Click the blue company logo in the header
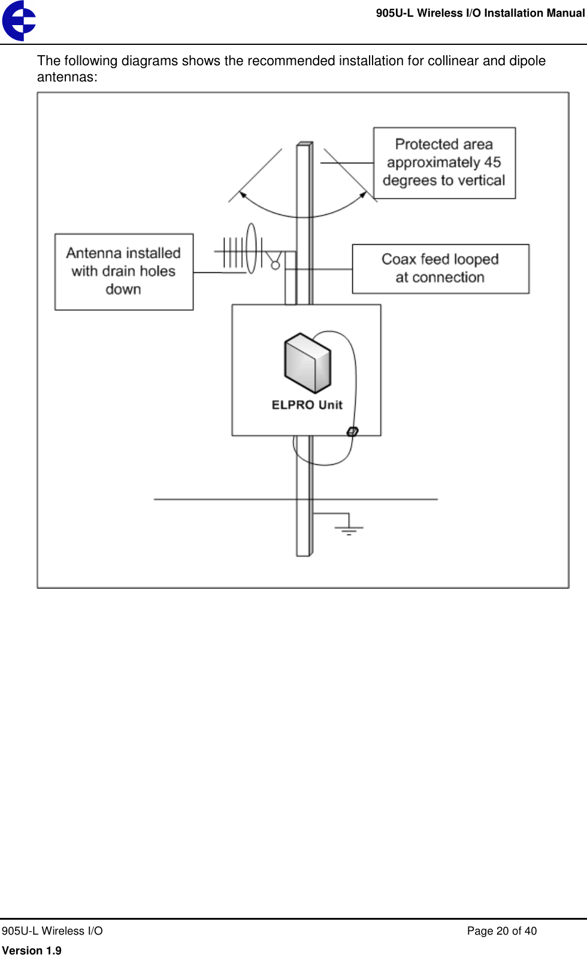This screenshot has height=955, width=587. (19, 20)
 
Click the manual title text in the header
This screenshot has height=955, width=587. (480, 13)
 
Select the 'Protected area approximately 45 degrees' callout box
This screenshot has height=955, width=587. (444, 163)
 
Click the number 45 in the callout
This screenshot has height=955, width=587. (492, 163)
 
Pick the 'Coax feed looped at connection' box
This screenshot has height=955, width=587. (440, 269)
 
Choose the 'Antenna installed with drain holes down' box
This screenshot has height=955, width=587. (123, 272)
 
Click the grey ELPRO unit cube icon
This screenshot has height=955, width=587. (307, 363)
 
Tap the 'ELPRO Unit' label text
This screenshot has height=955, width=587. (307, 405)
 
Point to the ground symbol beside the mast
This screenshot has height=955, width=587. (349, 528)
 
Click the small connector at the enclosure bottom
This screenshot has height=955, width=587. (353, 431)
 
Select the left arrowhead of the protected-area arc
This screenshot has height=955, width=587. (243, 194)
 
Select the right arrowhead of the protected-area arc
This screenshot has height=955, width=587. (363, 194)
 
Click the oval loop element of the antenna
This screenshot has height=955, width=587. (251, 248)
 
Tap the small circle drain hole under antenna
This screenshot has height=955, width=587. (276, 265)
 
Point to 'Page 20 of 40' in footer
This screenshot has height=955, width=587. (501, 931)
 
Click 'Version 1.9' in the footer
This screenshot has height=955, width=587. (32, 950)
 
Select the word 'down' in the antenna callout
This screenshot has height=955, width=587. (123, 290)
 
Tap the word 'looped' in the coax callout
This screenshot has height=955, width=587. (476, 260)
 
